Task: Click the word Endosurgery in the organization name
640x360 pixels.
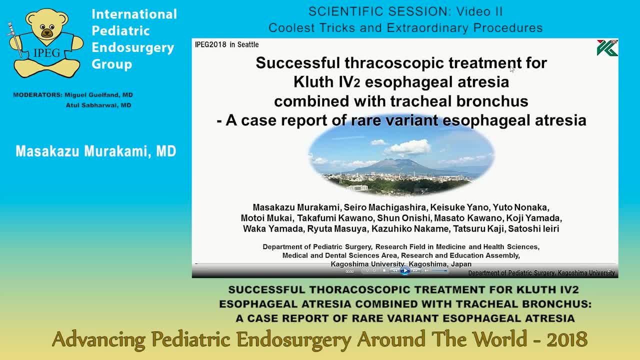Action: point(132,47)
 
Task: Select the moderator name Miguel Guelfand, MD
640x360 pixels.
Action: point(98,95)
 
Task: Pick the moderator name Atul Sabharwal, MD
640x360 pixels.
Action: point(98,105)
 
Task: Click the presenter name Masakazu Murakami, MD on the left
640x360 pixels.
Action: point(95,151)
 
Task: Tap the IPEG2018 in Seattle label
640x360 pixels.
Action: point(226,44)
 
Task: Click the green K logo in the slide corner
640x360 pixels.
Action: point(607,48)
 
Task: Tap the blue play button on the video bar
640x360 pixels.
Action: point(404,270)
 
